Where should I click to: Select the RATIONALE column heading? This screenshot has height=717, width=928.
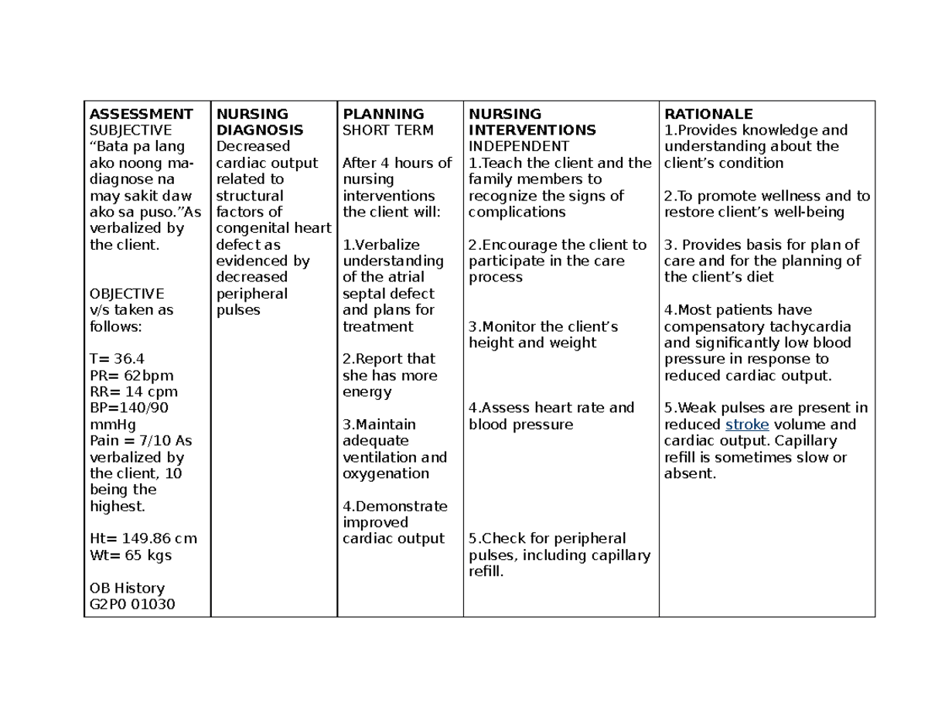click(708, 114)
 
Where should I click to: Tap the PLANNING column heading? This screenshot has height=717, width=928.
click(384, 114)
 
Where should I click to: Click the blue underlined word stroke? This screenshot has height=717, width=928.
click(747, 425)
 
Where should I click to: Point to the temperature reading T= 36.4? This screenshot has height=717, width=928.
click(118, 359)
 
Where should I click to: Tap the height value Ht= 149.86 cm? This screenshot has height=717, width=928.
click(143, 539)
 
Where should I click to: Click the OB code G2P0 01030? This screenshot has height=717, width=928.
click(133, 604)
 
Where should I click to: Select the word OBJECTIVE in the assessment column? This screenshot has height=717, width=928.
click(127, 294)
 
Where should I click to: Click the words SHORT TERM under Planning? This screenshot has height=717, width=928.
click(388, 130)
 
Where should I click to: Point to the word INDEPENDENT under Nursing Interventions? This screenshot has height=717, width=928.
click(519, 146)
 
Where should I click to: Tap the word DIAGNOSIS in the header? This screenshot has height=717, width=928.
click(259, 130)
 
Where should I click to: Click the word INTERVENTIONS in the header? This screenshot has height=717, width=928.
click(532, 130)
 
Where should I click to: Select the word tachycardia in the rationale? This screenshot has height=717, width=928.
click(812, 327)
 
